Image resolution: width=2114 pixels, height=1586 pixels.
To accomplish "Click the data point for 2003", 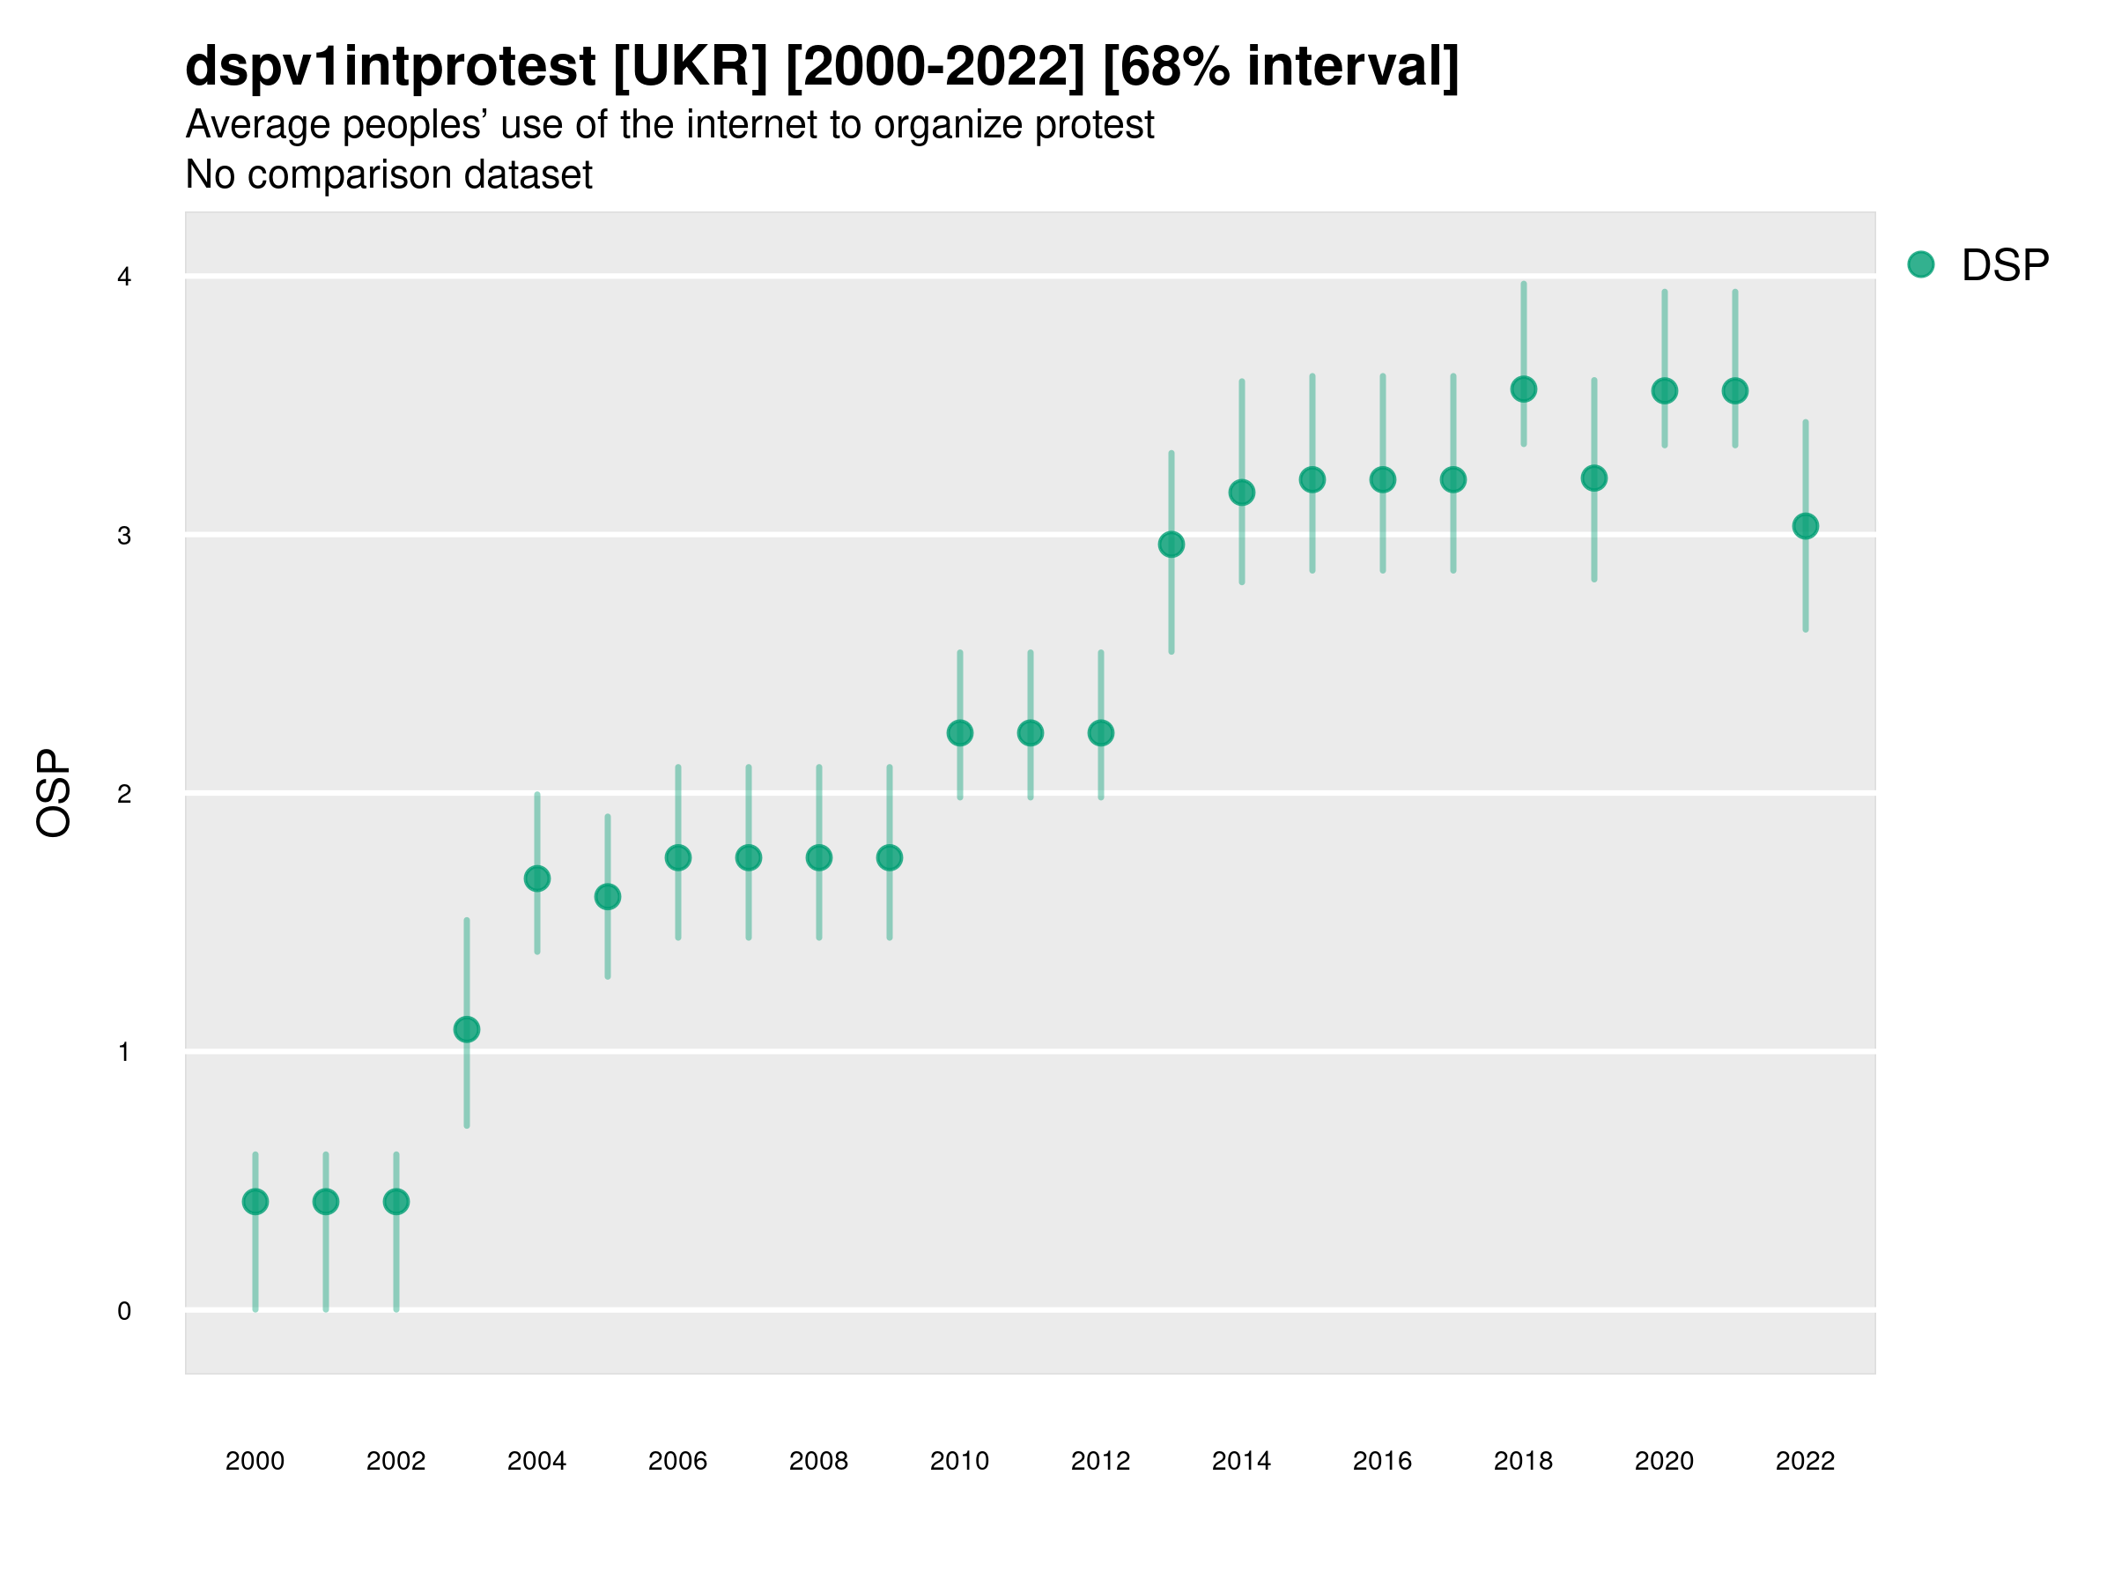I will [466, 1030].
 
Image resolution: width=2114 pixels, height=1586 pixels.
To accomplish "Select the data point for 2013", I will [1171, 545].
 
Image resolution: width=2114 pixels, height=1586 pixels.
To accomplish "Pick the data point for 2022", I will [1806, 526].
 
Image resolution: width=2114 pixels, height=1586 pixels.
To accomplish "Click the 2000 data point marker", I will [255, 1202].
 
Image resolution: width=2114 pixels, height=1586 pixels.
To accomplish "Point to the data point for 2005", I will [608, 897].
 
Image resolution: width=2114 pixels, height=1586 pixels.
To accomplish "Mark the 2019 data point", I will [1594, 478].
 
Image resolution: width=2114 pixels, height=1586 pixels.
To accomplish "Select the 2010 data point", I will [959, 733].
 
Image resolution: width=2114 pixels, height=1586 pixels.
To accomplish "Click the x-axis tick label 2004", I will [536, 1461].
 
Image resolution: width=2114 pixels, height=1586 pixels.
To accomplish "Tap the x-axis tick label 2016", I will [1382, 1461].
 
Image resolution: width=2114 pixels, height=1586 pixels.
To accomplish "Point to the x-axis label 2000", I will [255, 1461].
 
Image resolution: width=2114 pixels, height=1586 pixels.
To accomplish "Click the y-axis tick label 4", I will [124, 278].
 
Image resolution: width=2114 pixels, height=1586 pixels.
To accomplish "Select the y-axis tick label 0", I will [124, 1311].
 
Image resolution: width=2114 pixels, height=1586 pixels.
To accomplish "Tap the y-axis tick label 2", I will [124, 794].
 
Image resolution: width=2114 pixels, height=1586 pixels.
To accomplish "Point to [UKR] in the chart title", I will [690, 66].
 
